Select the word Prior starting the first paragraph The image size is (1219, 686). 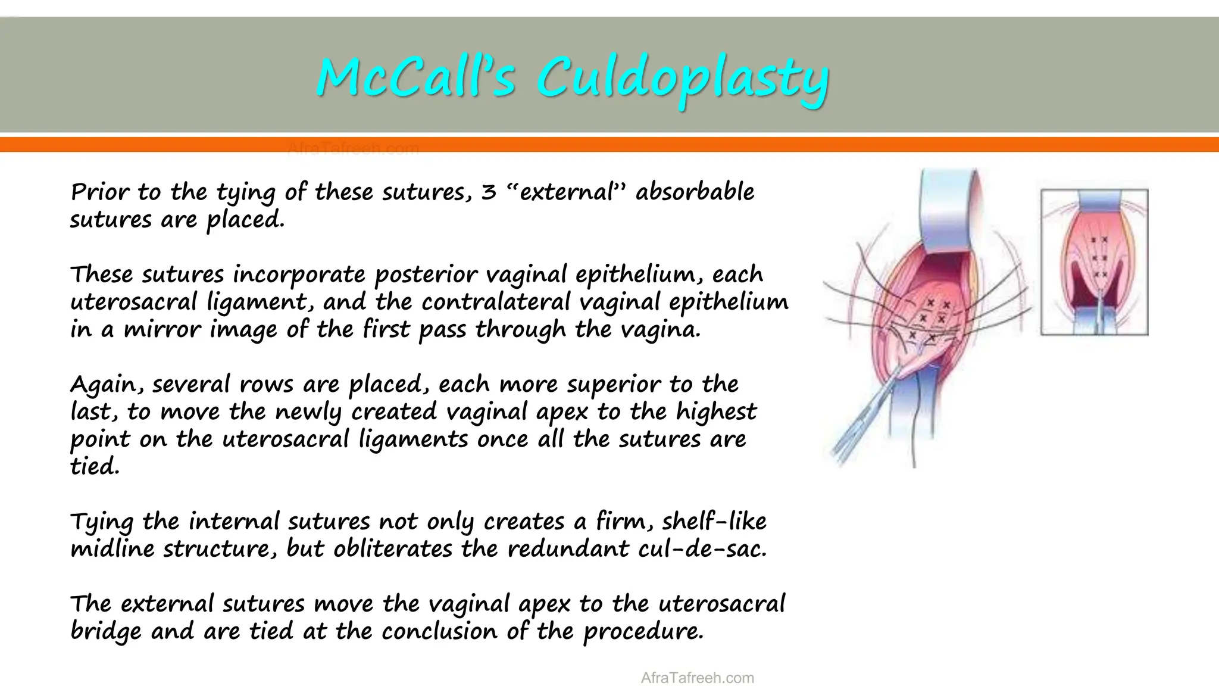coord(99,192)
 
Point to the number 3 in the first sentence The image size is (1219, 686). coord(488,192)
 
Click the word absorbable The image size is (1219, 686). coord(695,192)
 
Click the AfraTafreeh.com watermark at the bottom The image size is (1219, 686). coord(697,678)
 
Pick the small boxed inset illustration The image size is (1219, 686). coord(1094,262)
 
